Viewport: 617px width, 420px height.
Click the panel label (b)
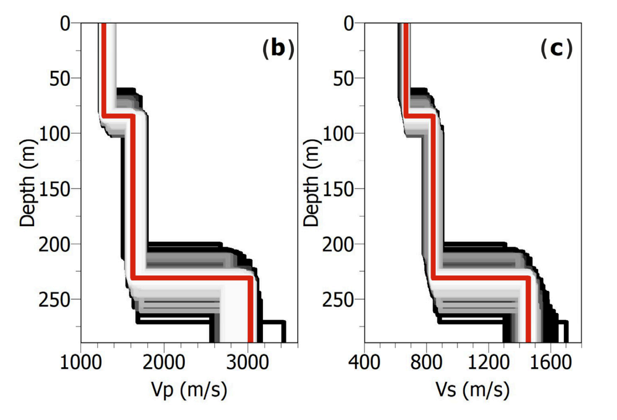[x=278, y=48]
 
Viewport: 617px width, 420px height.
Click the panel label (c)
[x=556, y=48]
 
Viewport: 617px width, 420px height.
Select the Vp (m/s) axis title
[x=189, y=390]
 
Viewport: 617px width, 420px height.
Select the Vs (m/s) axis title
[x=473, y=390]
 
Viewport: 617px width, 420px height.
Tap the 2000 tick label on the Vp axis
[x=164, y=363]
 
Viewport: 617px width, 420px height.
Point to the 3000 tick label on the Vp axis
[x=247, y=363]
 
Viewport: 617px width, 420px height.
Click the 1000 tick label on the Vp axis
[x=81, y=363]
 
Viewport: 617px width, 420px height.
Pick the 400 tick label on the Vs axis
[x=365, y=363]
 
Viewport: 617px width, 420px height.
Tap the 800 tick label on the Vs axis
[x=427, y=363]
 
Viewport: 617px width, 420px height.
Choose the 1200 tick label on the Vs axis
[x=488, y=363]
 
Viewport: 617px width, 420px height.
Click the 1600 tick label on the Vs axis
[x=550, y=363]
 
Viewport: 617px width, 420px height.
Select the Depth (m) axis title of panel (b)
[x=28, y=182]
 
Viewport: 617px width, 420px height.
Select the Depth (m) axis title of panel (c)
[x=312, y=182]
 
